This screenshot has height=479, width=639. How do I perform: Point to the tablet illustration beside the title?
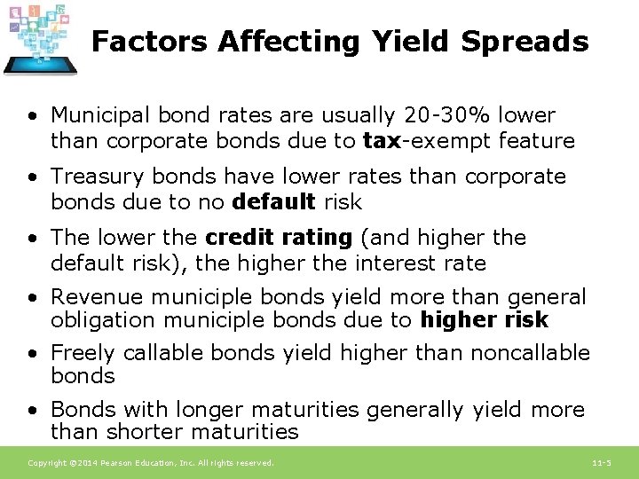[x=39, y=41]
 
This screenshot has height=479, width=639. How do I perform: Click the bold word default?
[x=272, y=202]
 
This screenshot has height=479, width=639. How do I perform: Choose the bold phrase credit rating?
[x=278, y=238]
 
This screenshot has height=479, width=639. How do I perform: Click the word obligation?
[x=102, y=320]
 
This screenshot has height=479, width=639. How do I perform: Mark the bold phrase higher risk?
[x=485, y=320]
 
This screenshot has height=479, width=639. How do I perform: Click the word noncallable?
[x=530, y=353]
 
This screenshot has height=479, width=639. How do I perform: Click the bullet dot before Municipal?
[x=32, y=116]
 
